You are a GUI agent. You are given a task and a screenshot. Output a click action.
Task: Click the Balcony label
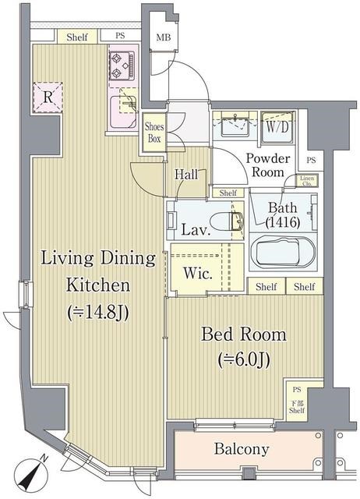click(x=242, y=449)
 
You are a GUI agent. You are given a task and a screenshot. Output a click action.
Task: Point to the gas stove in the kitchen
click(x=122, y=65)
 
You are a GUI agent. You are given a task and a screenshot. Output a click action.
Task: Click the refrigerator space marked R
click(x=48, y=97)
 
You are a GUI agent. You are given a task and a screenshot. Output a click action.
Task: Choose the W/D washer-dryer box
click(x=277, y=127)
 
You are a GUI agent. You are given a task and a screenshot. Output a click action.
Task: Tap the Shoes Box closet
click(x=154, y=132)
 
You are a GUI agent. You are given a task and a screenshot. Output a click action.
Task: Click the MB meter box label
click(x=164, y=37)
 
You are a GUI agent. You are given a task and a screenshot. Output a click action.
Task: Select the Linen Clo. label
click(x=307, y=181)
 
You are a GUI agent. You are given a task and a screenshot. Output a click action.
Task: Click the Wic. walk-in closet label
click(x=198, y=274)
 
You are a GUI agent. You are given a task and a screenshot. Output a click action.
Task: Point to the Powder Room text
click(x=268, y=165)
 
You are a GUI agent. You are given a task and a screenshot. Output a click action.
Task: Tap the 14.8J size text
click(x=98, y=313)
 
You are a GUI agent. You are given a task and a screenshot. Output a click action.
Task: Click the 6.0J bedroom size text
click(x=244, y=360)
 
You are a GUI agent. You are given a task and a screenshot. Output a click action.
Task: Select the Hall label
click(x=186, y=174)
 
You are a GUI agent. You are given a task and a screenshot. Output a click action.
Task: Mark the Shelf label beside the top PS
click(x=77, y=37)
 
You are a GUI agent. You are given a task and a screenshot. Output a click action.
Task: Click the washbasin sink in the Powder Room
click(x=235, y=126)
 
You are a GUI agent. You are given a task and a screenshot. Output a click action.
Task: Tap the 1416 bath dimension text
click(x=283, y=221)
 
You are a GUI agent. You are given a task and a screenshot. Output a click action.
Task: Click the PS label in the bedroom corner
click(x=297, y=390)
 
